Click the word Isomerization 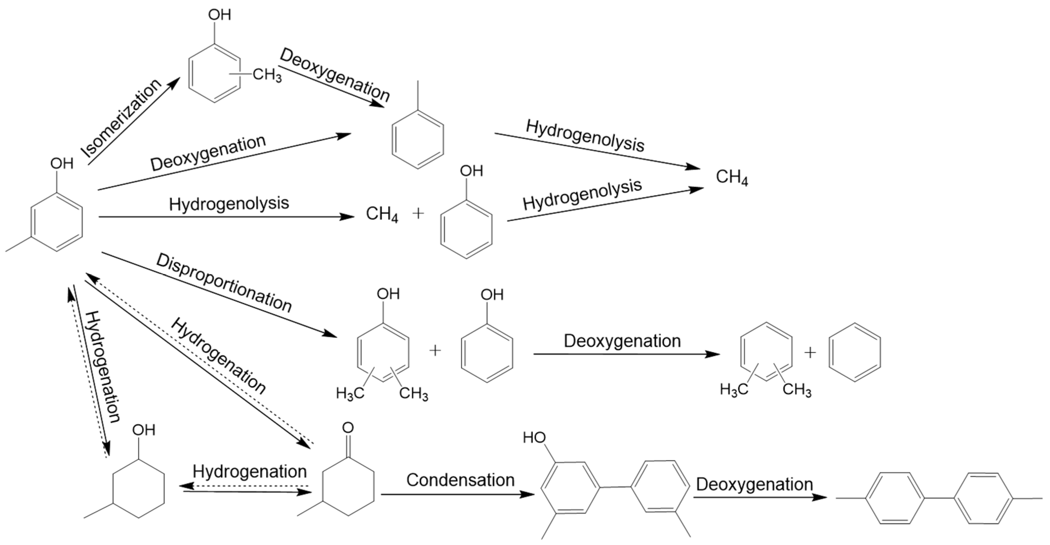(x=121, y=118)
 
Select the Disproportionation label (x=224, y=283)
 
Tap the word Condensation (x=460, y=480)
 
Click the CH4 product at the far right (x=732, y=178)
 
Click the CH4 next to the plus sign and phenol (x=382, y=214)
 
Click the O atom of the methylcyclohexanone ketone (x=348, y=428)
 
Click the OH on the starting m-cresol (x=62, y=164)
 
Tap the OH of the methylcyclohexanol (x=144, y=430)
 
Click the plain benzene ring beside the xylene (x=855, y=352)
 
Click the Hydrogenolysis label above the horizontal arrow (x=229, y=203)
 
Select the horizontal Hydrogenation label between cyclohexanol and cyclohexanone (x=250, y=472)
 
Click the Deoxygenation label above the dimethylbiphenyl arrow (x=754, y=484)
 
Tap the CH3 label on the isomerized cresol (x=267, y=75)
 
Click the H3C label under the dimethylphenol (x=350, y=393)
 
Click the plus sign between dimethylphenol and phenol (x=435, y=350)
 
